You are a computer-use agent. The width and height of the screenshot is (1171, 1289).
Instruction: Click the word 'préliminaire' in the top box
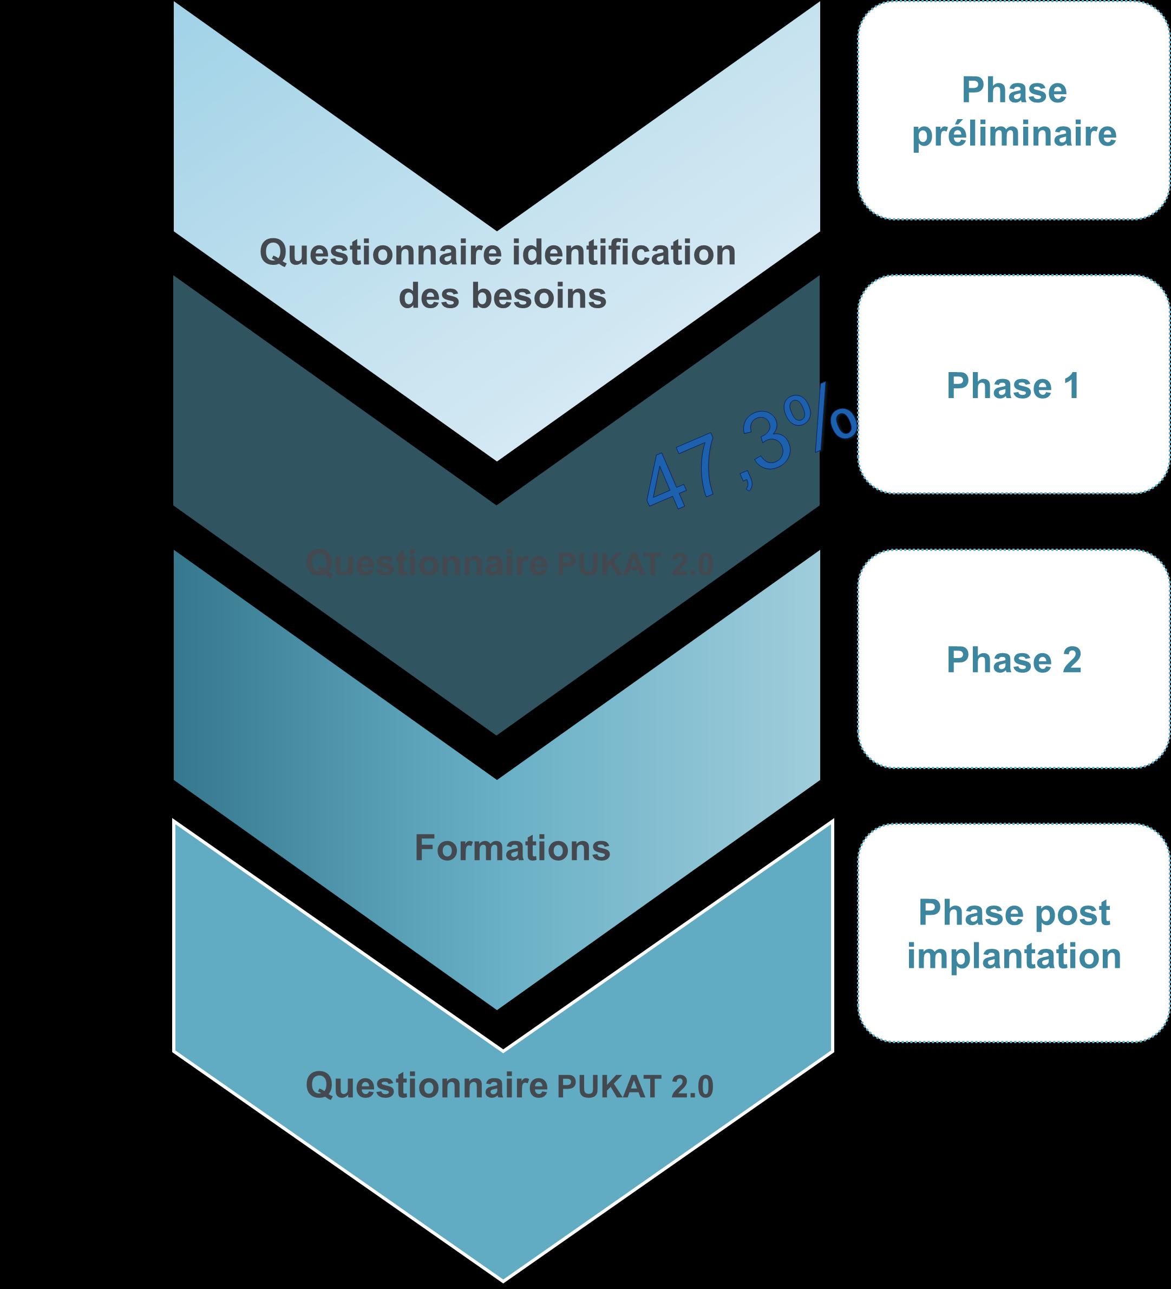[1014, 135]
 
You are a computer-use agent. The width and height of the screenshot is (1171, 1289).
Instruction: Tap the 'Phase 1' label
[1013, 386]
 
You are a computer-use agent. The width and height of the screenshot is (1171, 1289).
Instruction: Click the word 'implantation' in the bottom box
[1014, 957]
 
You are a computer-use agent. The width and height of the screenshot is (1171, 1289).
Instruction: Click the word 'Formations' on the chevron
[513, 849]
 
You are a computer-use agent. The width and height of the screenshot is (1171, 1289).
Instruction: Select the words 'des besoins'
[502, 297]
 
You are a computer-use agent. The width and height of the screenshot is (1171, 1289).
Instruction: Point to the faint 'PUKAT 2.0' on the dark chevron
[634, 565]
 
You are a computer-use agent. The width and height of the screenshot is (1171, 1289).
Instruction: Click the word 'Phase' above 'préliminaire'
[1014, 91]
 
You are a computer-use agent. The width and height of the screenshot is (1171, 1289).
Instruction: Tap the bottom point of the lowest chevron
[503, 1278]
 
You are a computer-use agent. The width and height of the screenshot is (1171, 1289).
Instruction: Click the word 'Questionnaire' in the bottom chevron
[427, 1086]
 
